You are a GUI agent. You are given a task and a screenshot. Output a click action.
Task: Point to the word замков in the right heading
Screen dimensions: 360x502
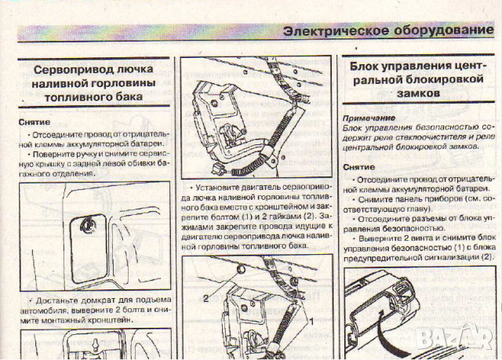[x=420, y=93]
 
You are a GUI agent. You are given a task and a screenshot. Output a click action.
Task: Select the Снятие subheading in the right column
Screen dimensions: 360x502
[x=358, y=167]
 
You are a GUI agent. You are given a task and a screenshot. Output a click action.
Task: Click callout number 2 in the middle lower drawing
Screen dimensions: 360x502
[x=206, y=298]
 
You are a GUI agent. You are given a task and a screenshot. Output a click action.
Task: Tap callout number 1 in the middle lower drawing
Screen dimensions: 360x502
[x=311, y=322]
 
